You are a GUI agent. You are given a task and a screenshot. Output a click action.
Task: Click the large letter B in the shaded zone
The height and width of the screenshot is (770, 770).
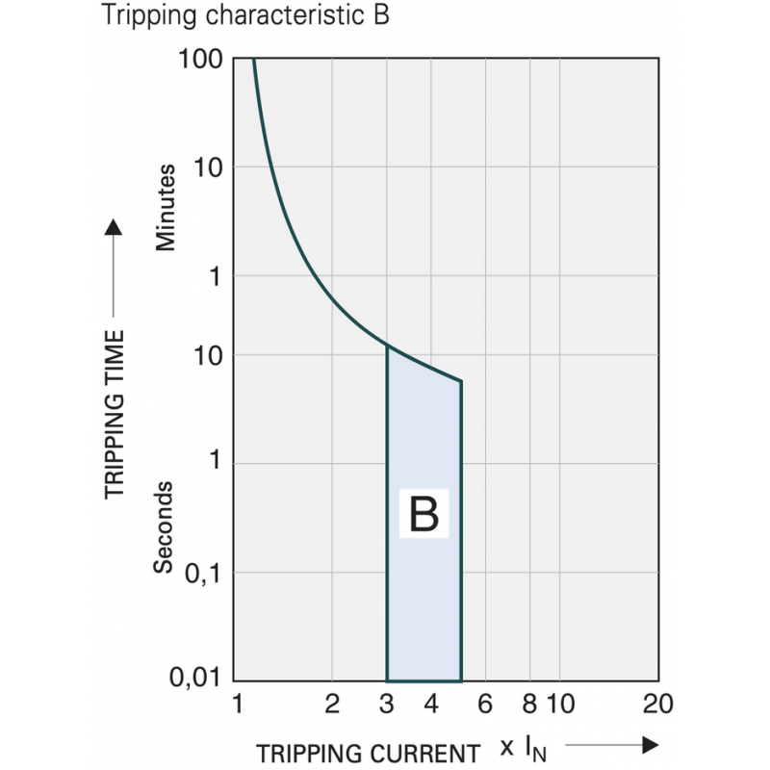point(423,516)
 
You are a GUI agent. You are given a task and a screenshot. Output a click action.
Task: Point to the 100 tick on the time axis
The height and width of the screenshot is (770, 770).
point(201,60)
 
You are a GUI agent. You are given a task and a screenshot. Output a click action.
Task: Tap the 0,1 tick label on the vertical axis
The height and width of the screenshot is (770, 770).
point(203,573)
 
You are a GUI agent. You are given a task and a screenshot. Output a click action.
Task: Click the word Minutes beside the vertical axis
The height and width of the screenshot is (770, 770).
point(167,208)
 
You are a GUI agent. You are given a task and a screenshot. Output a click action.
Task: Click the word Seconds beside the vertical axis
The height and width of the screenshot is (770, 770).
point(166,526)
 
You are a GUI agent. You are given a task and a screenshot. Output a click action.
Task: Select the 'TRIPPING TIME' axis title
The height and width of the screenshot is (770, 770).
point(115,414)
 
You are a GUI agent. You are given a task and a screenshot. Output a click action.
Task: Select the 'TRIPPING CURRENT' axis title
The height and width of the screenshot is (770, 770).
point(367,753)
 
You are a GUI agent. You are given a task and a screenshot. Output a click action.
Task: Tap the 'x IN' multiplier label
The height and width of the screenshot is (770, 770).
point(524,748)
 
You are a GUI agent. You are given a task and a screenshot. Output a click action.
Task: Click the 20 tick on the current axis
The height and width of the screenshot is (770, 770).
point(658,705)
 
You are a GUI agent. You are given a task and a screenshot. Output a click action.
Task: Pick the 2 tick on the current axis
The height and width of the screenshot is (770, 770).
point(332,705)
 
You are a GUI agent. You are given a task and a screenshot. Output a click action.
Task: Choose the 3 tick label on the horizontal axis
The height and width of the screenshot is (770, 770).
point(387,705)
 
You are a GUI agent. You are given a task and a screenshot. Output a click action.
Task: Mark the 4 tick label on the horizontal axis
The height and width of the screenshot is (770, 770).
point(431,705)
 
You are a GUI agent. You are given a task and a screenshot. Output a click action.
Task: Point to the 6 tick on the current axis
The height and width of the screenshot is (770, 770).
point(485,705)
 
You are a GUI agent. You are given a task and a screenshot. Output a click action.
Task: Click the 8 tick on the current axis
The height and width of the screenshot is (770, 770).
point(528,705)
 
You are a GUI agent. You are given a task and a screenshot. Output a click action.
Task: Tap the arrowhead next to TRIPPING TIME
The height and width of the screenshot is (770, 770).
point(115,227)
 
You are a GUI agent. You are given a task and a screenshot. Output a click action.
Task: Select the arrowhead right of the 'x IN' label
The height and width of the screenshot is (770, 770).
point(651,745)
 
